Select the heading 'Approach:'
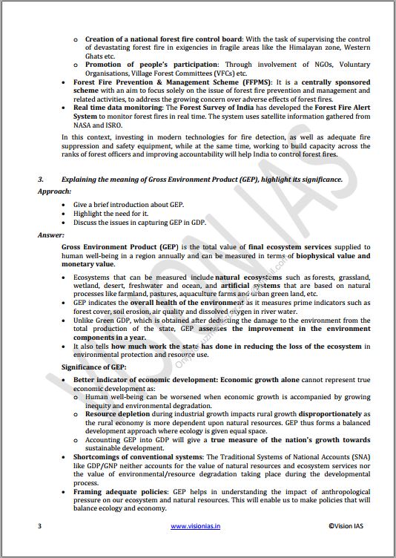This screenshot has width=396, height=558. tap(55, 191)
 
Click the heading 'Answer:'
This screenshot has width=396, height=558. tap(52, 235)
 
